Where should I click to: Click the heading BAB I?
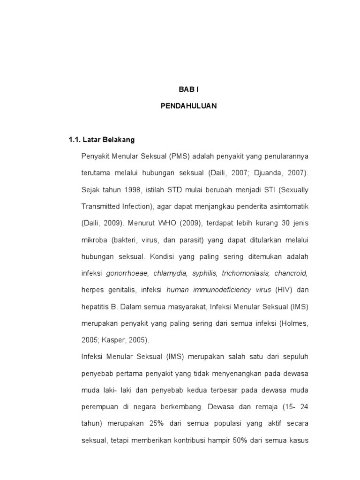[188, 89]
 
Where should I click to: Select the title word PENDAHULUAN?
[188, 106]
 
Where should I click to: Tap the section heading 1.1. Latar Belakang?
[102, 140]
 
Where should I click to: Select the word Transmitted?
[101, 206]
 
